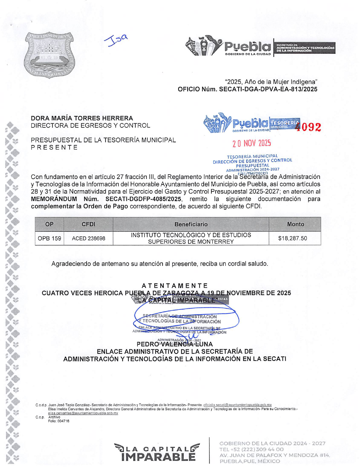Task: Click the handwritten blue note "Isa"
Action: pos(116,40)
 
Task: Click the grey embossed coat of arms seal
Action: pos(49,55)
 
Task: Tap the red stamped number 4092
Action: pos(308,127)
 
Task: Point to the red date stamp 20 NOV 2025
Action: pos(252,143)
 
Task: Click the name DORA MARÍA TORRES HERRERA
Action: pos(82,118)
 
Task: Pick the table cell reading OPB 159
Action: pos(49,238)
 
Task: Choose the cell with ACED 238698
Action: pos(88,238)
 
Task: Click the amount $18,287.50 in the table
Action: pos(292,238)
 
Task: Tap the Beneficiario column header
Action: pos(191,224)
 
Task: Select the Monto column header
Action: pos(295,224)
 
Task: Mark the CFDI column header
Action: pos(88,224)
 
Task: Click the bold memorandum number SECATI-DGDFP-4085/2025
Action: pos(143,199)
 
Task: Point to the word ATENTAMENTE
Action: pos(175,285)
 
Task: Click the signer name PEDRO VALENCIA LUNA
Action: pos(175,344)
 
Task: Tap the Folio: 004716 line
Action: pos(59,421)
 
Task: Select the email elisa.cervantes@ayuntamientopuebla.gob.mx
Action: pos(83,413)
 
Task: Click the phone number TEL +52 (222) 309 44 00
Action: pos(251,449)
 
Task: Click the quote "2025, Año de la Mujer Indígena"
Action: pos(271,82)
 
